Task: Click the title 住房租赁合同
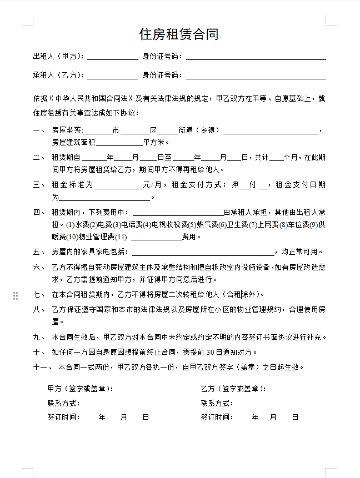(x=179, y=34)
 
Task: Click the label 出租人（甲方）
(x=58, y=56)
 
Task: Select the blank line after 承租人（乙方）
(x=112, y=76)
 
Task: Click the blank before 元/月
(x=119, y=184)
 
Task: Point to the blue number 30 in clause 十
(x=210, y=352)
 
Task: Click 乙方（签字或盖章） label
(x=233, y=389)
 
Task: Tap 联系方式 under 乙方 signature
(x=217, y=403)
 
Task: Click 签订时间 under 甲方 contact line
(x=64, y=417)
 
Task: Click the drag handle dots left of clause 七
(x=16, y=296)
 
